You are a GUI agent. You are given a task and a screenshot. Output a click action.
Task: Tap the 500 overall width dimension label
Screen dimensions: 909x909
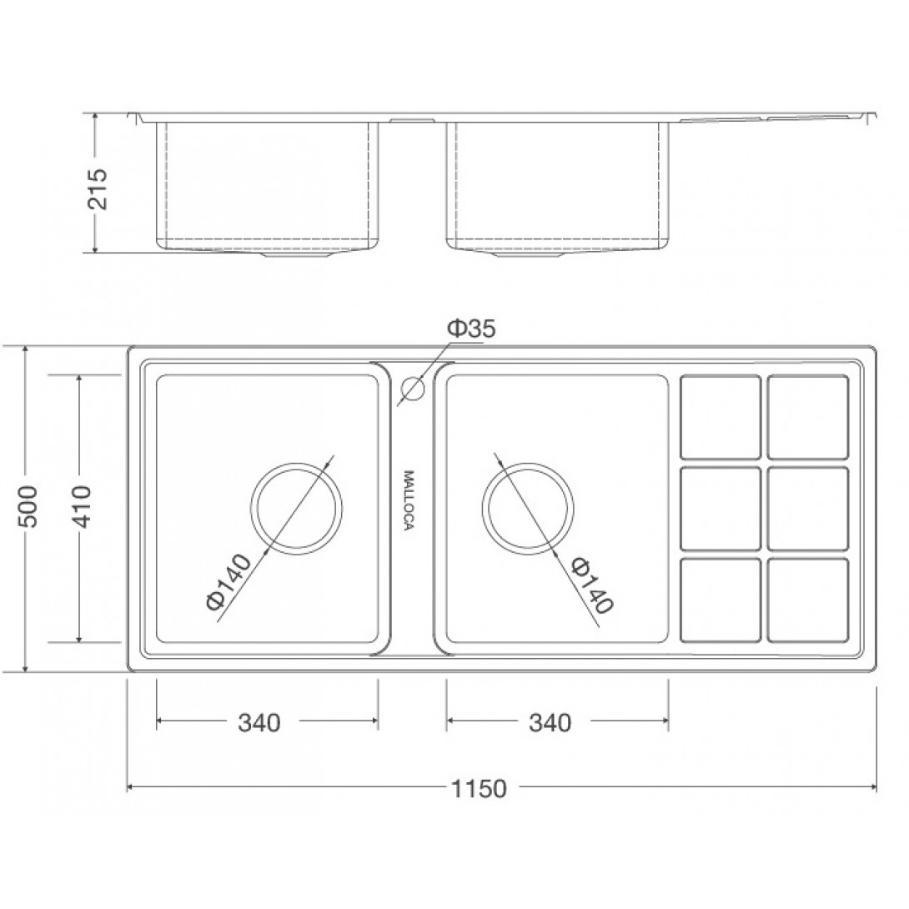coord(28,506)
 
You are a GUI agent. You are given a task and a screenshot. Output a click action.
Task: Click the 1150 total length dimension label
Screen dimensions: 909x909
coord(479,788)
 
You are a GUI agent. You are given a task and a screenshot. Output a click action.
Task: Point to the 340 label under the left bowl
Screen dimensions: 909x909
coord(259,723)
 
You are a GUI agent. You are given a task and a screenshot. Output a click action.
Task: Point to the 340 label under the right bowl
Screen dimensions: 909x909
coord(550,723)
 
